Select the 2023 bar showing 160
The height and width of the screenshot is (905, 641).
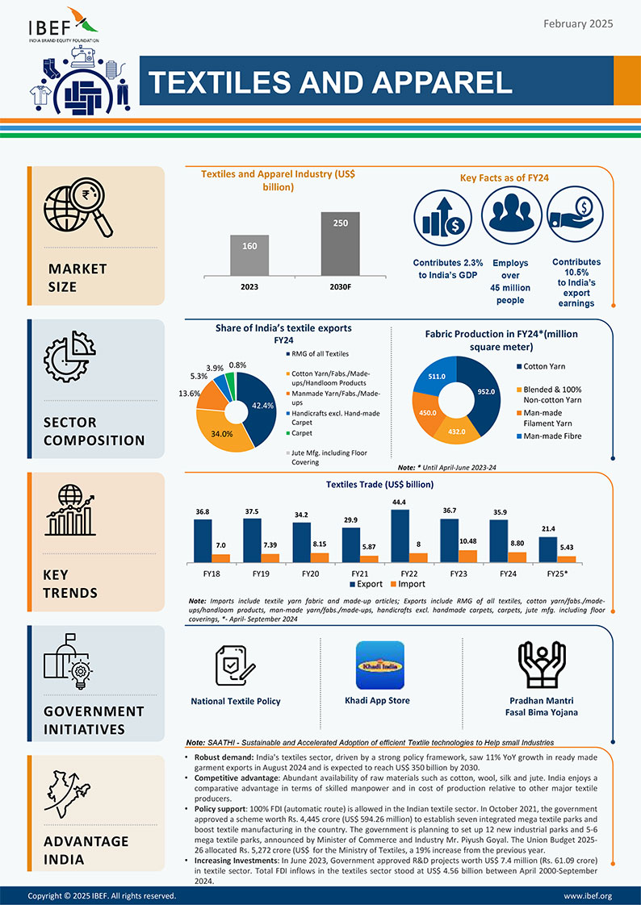click(x=250, y=256)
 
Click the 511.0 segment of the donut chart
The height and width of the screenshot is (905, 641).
click(x=437, y=376)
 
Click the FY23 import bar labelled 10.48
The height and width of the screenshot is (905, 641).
click(x=467, y=557)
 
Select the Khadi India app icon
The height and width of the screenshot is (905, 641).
click(x=380, y=665)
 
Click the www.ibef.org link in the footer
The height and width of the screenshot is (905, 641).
click(x=588, y=896)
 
